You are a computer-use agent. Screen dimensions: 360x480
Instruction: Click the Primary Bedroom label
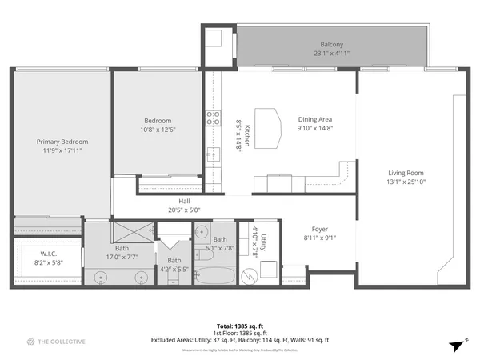click(x=62, y=141)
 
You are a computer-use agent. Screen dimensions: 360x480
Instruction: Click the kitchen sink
click(x=213, y=154)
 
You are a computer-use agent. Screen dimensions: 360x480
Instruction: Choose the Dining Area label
click(x=314, y=118)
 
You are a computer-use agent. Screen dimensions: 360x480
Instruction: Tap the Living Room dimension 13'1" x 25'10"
click(x=406, y=182)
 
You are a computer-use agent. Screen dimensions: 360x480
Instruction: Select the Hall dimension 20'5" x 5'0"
click(x=184, y=210)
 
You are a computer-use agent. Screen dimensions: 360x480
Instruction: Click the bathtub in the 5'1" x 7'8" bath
click(x=214, y=276)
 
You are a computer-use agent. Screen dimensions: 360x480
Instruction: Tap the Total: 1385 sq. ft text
click(x=240, y=326)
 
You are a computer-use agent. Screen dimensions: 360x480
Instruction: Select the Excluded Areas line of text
click(x=240, y=340)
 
